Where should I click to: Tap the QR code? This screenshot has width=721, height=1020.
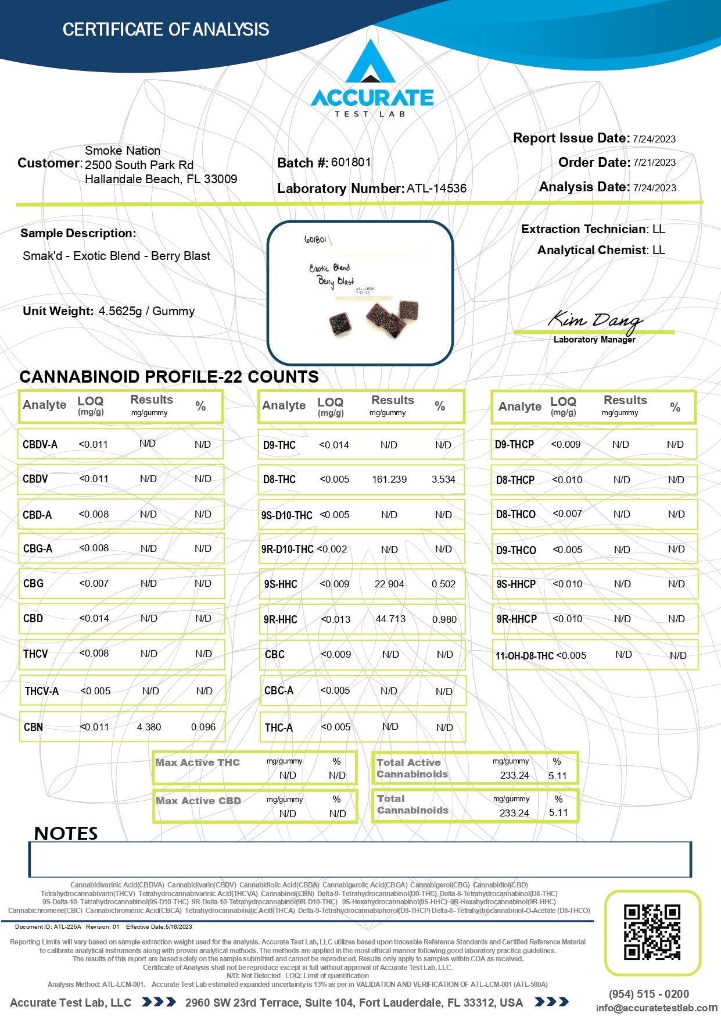click(652, 932)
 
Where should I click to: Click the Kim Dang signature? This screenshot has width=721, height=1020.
click(595, 319)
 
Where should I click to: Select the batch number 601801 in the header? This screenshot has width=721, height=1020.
click(351, 162)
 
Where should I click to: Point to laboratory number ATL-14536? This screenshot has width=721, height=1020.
click(436, 188)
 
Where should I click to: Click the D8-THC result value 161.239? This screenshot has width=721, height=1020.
click(389, 480)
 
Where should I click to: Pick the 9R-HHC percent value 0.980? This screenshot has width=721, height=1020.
click(444, 619)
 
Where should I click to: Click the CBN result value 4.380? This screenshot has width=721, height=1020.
click(149, 727)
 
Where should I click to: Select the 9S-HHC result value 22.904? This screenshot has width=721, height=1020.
click(389, 584)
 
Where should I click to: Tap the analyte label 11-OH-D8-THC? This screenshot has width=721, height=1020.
click(524, 656)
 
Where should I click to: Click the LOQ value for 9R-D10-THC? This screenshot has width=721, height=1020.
click(332, 549)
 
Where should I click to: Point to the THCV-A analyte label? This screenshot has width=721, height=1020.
click(42, 691)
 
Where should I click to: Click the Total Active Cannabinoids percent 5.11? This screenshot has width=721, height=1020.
click(557, 776)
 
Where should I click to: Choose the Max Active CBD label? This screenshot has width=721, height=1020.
click(198, 801)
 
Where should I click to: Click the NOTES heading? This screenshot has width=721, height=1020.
click(66, 833)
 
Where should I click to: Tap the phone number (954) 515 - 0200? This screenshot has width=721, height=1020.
click(649, 994)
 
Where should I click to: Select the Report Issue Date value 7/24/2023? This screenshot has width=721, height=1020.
click(654, 139)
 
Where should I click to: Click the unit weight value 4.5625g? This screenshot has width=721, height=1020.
click(120, 311)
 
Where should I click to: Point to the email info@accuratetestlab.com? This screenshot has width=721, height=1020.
click(657, 1008)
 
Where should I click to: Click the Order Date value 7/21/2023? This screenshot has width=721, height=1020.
click(654, 163)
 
